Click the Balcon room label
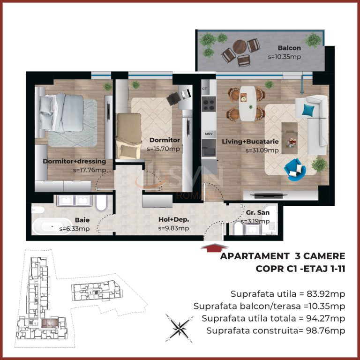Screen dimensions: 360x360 tap(289, 48)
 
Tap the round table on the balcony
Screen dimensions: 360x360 tap(240, 46)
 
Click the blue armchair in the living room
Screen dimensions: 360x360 tap(294, 167)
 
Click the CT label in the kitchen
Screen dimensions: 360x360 tap(204, 89)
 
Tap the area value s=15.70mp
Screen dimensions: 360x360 tap(163, 149)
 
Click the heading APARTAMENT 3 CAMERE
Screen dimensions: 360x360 tap(282, 256)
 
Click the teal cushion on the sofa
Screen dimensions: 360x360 tap(308, 110)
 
